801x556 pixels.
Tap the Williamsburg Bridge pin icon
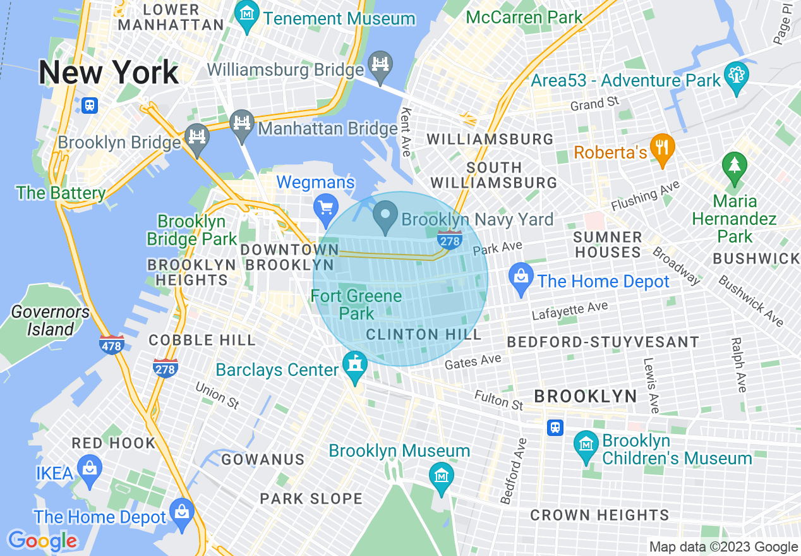coord(381,65)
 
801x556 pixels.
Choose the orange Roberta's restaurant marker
coord(662,148)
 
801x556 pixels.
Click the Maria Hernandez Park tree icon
coord(735,166)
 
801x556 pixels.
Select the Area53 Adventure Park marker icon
coord(737,75)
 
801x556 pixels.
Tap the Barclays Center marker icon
coord(355,365)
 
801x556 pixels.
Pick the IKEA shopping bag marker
coord(90,471)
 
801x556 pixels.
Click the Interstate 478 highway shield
coord(112,345)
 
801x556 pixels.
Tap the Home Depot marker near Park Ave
coord(521,277)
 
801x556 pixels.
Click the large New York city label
coord(109,73)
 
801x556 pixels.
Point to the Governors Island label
coord(51,320)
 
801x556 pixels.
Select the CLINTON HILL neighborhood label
coord(424,334)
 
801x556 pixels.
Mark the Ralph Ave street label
coord(738,365)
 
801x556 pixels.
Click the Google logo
coord(42,541)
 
